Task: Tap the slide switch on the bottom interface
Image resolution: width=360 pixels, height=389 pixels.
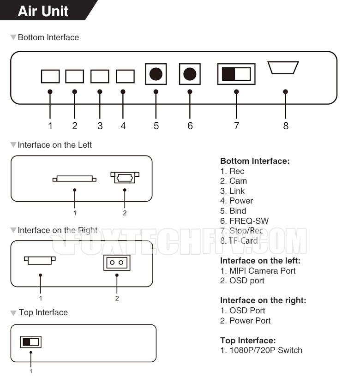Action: tap(236, 74)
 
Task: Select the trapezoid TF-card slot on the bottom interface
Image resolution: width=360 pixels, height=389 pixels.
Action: tap(283, 67)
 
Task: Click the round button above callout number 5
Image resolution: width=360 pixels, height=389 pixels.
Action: tap(156, 74)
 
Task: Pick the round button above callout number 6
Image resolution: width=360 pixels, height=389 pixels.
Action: tap(190, 74)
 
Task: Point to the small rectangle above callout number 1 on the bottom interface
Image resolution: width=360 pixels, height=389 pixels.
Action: tap(50, 76)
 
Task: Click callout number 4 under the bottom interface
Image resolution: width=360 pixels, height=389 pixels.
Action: tap(123, 126)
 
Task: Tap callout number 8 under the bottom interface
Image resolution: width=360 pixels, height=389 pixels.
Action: tap(286, 126)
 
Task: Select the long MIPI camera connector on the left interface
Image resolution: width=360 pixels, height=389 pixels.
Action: tap(74, 179)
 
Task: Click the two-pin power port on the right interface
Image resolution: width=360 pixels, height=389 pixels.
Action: tap(117, 263)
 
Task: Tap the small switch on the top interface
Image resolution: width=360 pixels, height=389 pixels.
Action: tap(31, 342)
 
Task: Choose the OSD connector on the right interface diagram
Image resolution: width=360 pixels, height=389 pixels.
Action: tap(40, 260)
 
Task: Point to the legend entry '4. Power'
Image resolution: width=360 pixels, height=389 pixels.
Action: tap(237, 201)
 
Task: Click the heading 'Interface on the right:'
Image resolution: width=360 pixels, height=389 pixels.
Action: tap(263, 300)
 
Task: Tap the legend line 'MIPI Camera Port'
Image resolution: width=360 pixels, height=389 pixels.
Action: tap(262, 271)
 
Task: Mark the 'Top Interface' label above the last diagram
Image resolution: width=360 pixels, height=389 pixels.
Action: tap(43, 312)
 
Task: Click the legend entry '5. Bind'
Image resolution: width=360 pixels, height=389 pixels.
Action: tap(233, 211)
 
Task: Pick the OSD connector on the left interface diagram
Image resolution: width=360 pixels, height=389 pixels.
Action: tap(125, 177)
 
